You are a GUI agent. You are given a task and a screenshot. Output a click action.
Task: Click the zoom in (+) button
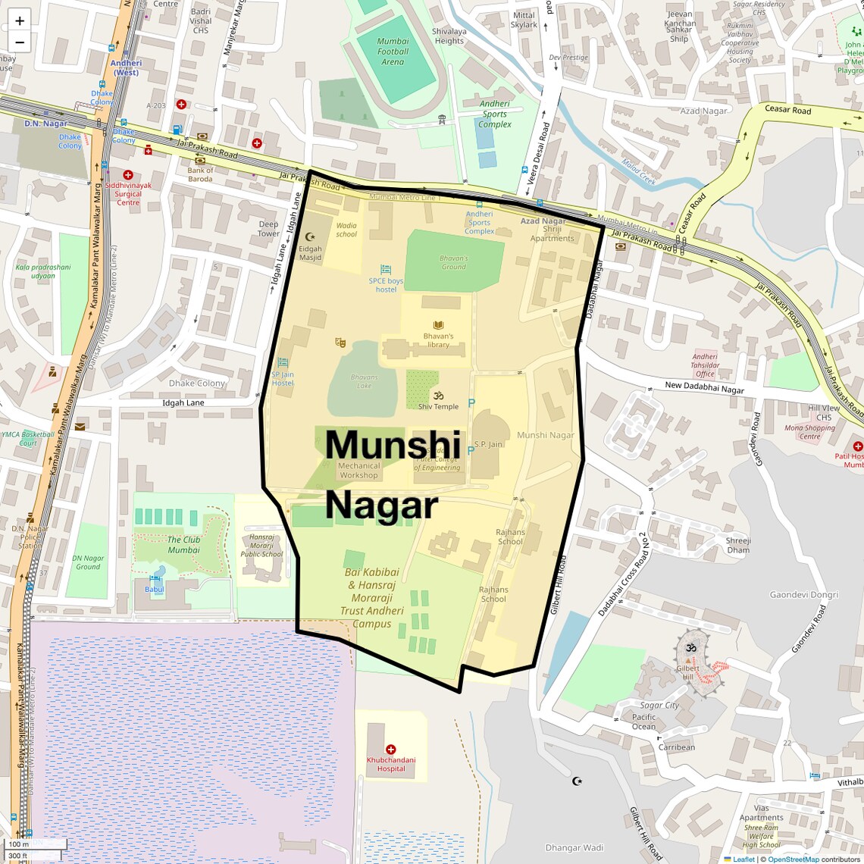coord(20,21)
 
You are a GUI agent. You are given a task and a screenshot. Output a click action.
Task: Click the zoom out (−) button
coord(20,42)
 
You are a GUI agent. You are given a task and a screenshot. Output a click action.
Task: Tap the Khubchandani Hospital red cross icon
coord(391,750)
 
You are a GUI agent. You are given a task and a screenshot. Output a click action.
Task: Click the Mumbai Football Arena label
coord(393,52)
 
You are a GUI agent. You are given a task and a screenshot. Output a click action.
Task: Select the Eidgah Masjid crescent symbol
coord(309,237)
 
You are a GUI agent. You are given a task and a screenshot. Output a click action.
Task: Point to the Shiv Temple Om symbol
coord(438,396)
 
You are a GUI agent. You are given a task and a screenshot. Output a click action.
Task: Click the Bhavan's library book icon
coord(438,326)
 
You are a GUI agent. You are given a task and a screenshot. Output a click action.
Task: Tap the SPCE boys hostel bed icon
coord(386,270)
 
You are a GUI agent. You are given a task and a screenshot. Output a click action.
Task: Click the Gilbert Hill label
coord(687,672)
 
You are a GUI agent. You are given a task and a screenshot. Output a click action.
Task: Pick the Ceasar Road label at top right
coord(787,110)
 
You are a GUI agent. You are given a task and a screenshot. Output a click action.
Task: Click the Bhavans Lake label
coord(364,381)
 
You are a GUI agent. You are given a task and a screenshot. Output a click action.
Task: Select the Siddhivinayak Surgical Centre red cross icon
coord(128,175)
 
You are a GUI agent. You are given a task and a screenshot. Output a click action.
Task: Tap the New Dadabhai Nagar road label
coord(704,387)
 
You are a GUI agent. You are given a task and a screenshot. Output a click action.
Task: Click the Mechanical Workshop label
coord(358,471)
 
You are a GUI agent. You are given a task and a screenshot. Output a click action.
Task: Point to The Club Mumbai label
coord(183,545)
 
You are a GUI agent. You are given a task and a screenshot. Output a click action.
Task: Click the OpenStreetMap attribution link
coord(793,859)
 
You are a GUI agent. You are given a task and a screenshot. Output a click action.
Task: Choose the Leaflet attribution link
coord(743,859)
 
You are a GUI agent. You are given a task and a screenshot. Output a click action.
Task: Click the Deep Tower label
coord(268,229)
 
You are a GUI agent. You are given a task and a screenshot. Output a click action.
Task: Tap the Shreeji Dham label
coord(737,545)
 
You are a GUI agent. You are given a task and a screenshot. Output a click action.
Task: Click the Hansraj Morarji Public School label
coord(261,546)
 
